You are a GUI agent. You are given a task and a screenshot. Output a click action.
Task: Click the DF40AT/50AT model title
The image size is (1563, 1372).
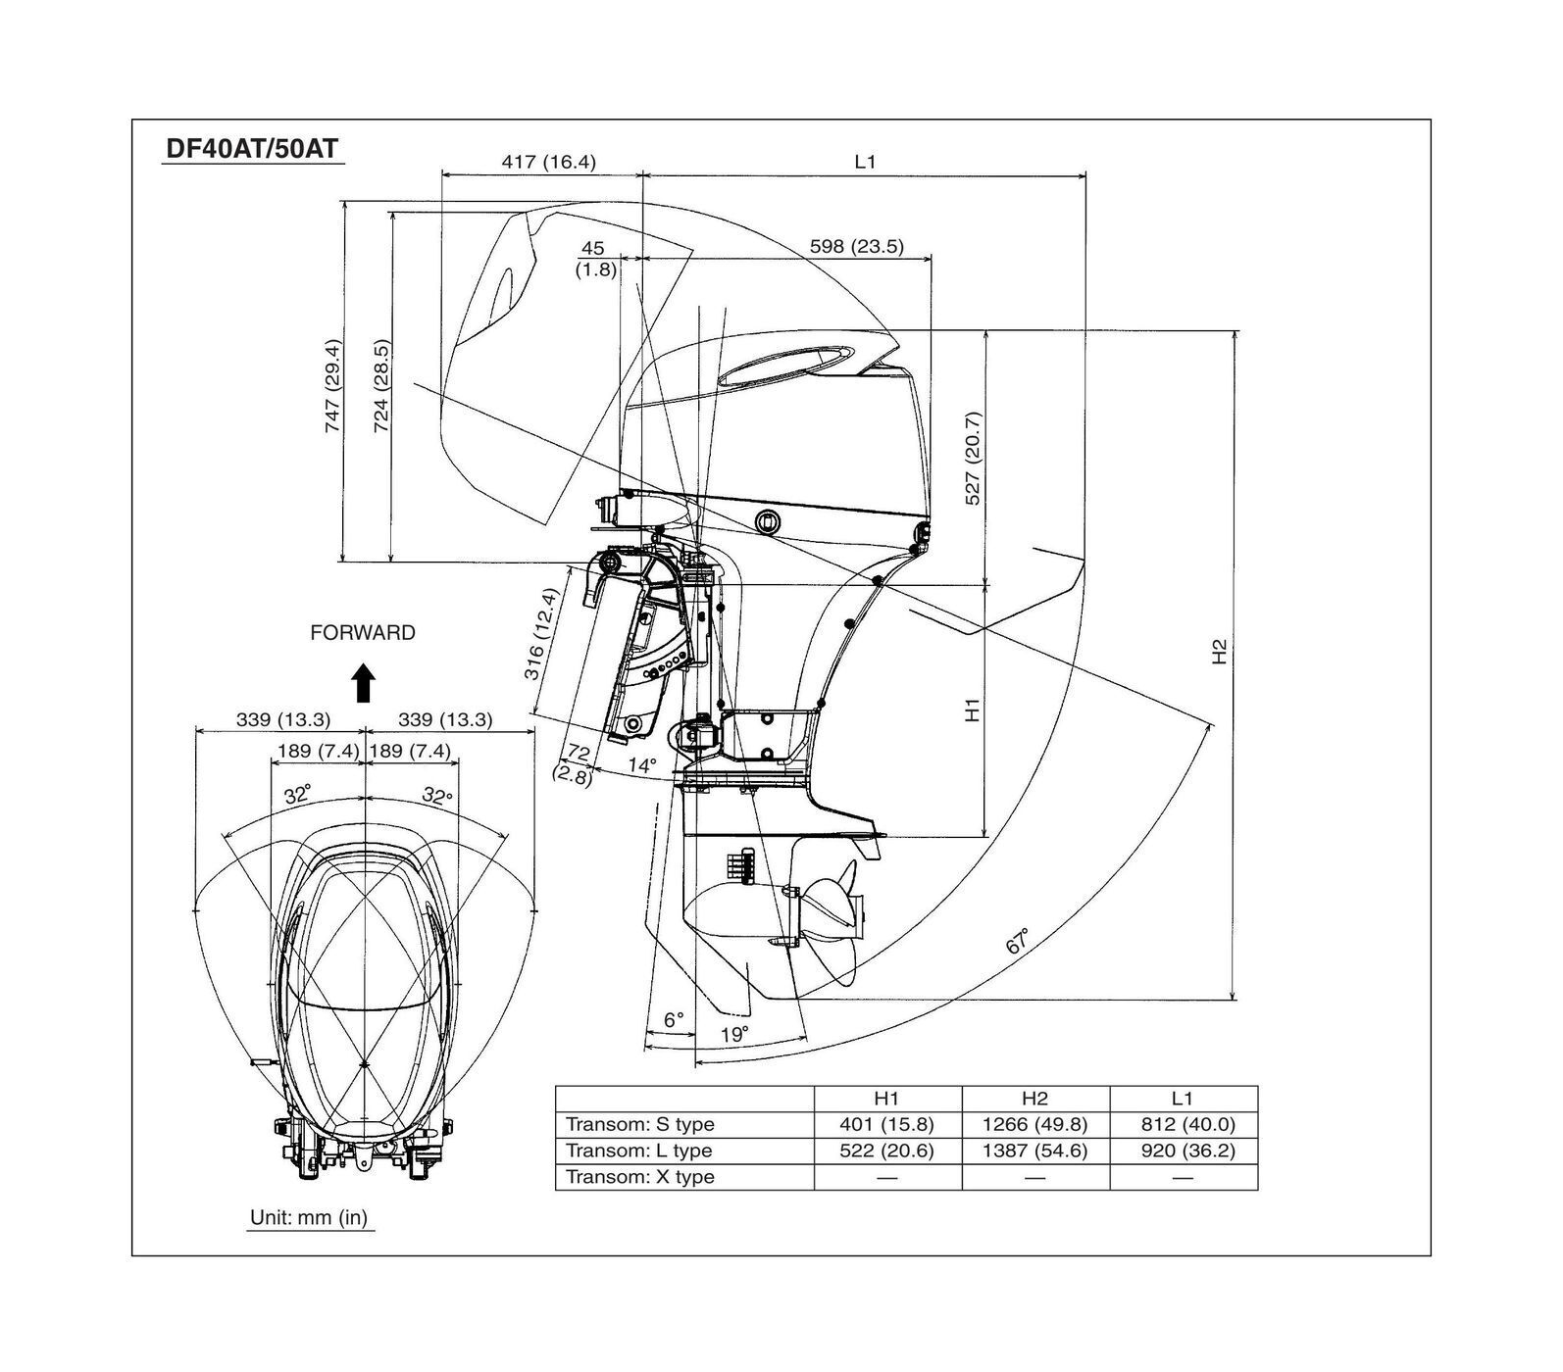(252, 149)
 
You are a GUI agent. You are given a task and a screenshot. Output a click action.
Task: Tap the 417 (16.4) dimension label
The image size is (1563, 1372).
(548, 162)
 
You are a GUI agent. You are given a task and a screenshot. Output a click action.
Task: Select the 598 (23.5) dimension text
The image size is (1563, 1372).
(856, 246)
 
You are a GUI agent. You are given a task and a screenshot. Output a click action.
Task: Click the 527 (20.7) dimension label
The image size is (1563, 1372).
(973, 458)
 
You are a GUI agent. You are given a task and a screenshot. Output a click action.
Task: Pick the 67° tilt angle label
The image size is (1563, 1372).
(1018, 941)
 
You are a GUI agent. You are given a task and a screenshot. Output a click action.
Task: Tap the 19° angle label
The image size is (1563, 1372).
(733, 1034)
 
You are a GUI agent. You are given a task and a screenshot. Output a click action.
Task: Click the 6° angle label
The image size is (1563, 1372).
(673, 1019)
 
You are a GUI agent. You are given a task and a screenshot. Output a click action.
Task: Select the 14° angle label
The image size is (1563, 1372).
(642, 764)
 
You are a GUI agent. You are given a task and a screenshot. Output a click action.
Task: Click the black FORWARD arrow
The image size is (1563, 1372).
(364, 682)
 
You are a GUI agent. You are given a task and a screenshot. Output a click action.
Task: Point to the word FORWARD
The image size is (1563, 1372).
(362, 633)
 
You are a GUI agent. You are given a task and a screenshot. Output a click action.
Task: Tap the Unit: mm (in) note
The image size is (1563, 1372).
(309, 1217)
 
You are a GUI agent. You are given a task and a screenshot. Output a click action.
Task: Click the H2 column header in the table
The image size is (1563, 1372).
(1034, 1099)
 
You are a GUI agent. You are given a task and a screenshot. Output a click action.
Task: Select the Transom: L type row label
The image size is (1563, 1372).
(639, 1151)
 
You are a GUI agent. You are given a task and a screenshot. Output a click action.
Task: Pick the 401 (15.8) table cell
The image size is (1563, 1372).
(886, 1124)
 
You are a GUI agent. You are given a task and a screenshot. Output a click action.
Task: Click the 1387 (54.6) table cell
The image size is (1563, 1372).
(1034, 1151)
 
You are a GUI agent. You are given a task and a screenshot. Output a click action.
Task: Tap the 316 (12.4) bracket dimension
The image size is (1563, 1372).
(541, 648)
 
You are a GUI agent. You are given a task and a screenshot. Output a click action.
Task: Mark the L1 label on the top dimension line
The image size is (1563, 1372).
(864, 162)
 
